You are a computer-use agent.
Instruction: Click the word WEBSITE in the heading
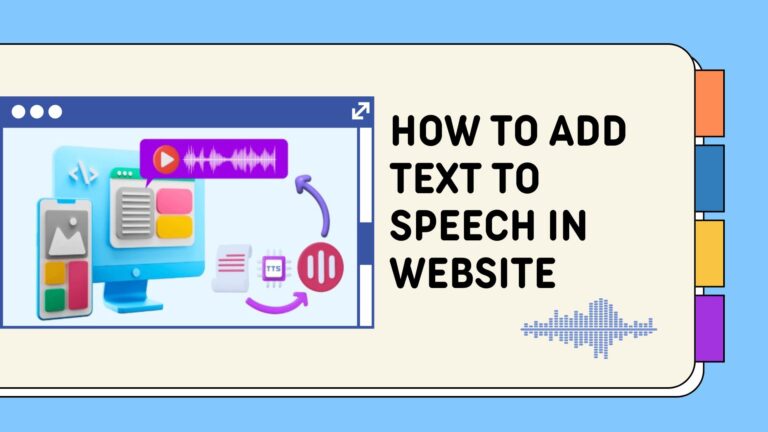[x=472, y=271]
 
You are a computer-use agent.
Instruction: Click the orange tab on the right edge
[x=709, y=102]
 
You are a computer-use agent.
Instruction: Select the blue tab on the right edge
[x=709, y=178]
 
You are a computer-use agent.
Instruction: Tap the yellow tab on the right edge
[x=709, y=253]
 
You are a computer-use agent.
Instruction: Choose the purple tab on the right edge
[x=709, y=328]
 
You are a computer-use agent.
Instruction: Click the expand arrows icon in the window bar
[x=360, y=111]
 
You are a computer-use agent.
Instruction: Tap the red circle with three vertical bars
[x=320, y=264]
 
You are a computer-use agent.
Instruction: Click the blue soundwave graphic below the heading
[x=589, y=326]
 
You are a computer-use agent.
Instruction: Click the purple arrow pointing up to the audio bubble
[x=318, y=201]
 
